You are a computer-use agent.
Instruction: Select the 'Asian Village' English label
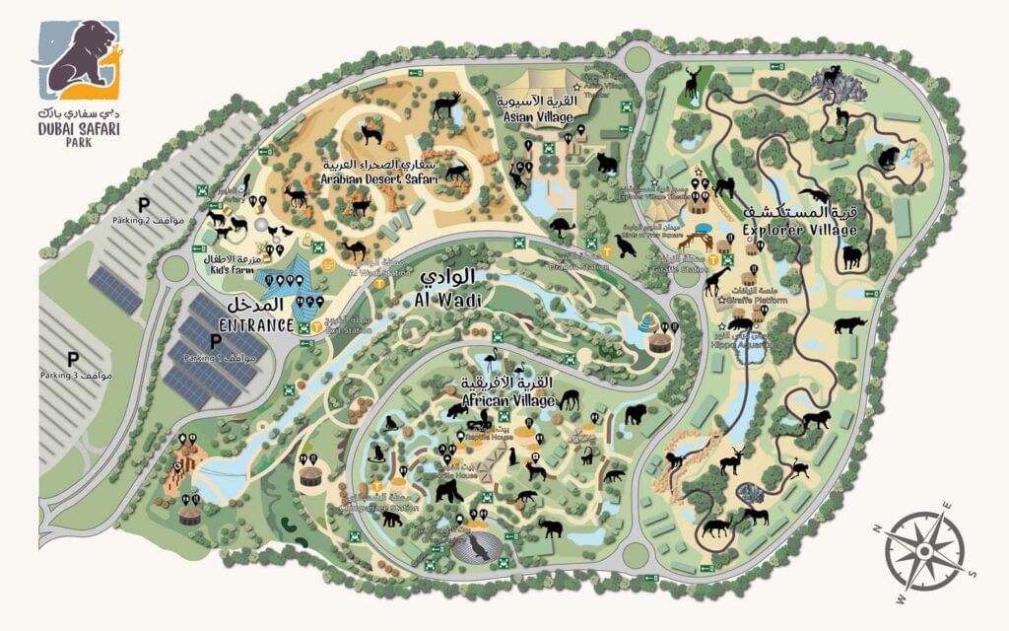coord(538,116)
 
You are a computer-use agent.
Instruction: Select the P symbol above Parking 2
coord(143,204)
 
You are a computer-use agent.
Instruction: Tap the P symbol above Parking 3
coord(72,359)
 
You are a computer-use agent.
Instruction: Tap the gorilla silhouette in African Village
coord(448,489)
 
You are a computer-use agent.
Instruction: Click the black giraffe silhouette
coord(715,281)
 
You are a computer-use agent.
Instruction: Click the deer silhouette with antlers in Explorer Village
coord(693,83)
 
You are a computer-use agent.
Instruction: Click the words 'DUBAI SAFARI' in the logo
coord(78,129)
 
